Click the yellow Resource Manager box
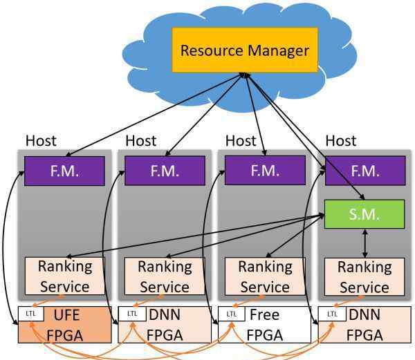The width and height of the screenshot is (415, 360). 245,50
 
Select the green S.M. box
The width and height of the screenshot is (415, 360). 365,214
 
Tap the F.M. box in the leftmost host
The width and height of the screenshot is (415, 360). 64,171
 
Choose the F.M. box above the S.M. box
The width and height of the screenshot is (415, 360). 365,171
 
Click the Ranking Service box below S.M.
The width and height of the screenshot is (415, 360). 365,276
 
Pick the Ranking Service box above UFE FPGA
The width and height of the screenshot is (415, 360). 65,276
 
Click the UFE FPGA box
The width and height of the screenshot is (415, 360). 64,325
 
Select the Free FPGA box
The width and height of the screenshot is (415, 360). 264,325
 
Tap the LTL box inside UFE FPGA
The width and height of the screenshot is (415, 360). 30,314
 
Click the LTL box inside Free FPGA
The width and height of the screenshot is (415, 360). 232,314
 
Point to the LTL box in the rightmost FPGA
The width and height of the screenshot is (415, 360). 332,314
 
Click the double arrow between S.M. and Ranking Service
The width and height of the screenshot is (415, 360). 365,243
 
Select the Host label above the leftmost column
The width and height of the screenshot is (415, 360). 41,141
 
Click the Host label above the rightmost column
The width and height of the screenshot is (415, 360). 341,141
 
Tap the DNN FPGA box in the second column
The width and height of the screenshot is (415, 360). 165,325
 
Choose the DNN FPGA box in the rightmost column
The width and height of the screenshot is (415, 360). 365,325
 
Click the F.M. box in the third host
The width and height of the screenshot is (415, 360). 265,171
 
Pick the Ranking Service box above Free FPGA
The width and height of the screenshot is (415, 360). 265,276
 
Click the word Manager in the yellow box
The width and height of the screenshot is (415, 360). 279,50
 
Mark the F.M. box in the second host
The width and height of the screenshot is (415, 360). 165,171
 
